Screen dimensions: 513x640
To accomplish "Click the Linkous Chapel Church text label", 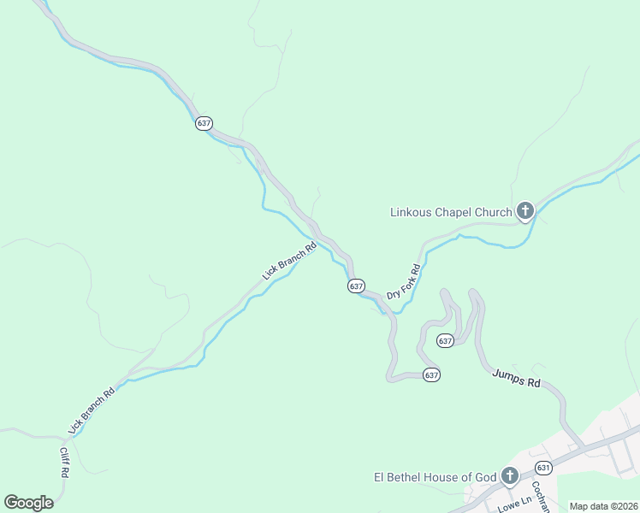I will pos(451,212).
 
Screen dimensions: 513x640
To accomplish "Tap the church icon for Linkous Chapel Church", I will pos(524,210).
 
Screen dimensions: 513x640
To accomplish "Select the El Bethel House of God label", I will pos(435,477).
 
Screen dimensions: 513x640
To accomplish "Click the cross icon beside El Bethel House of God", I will pos(510,475).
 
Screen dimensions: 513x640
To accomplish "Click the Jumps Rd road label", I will pos(517,380).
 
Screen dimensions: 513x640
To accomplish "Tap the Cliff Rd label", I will pos(64,463).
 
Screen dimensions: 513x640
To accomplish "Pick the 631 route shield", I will pos(543,468).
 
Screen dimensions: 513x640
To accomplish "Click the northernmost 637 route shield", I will pos(204,123).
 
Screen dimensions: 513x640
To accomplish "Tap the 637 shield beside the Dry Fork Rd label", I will pos(356,286).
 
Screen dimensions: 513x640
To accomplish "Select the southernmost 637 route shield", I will pos(431,375).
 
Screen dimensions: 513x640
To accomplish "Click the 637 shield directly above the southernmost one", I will pos(445,341).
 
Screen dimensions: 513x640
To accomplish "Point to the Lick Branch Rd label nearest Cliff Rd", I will pos(92,411).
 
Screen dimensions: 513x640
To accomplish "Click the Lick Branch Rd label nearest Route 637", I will pos(290,261).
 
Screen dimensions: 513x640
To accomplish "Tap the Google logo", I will pos(28,503).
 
